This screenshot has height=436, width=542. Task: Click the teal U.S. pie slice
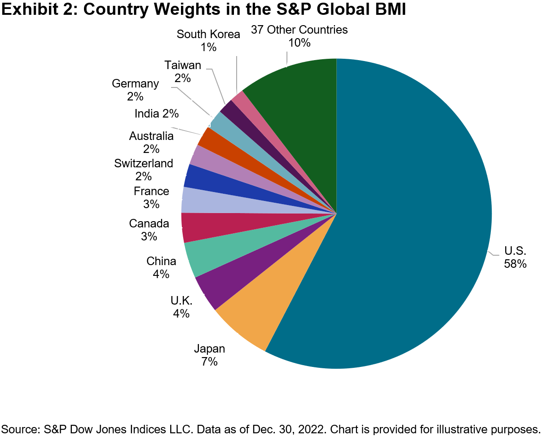[x=404, y=224]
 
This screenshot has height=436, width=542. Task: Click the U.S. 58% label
[x=515, y=257]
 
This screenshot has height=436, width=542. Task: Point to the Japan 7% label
[x=209, y=354]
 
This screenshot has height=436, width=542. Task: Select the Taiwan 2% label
[x=183, y=71]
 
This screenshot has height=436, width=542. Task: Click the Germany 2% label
[x=135, y=90]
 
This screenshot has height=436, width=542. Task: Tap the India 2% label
[x=157, y=114]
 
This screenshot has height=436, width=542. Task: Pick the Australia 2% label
[x=151, y=142]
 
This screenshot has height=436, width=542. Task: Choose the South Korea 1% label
[x=208, y=40]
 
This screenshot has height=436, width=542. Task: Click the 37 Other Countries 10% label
[x=300, y=36]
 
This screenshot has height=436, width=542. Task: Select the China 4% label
[x=161, y=267]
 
